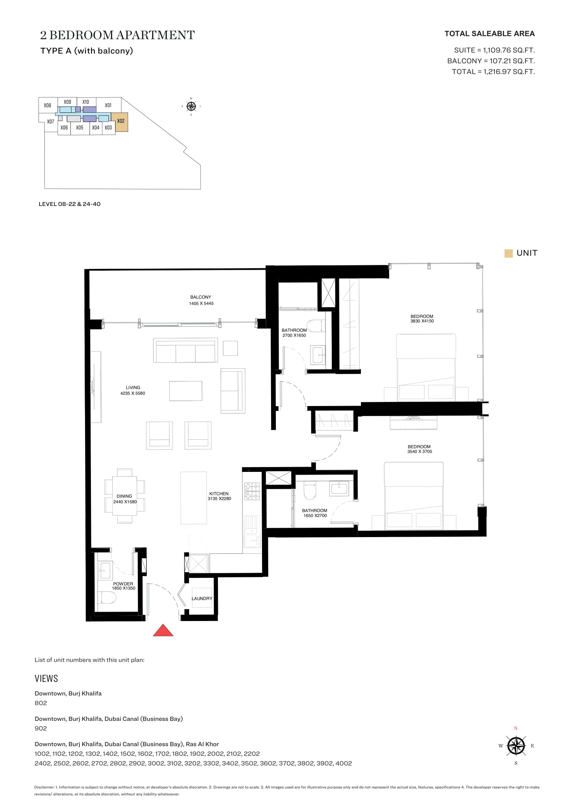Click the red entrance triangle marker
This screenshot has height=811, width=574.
163,630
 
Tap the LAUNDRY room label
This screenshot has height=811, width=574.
202,598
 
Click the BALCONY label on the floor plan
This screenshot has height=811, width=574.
200,297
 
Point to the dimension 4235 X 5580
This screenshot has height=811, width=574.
133,393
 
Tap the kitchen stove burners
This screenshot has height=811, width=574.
252,491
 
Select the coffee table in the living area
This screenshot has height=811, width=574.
186,391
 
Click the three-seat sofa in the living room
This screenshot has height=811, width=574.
186,351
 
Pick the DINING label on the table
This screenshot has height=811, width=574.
124,496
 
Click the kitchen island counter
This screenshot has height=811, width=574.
194,498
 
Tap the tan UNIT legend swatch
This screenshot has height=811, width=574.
509,253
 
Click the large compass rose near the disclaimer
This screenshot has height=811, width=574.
516,746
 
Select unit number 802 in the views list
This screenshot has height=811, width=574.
41,703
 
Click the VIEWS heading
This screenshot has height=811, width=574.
46,679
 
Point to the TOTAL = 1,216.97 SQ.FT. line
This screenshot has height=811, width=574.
493,72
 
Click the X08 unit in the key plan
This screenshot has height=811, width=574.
47,105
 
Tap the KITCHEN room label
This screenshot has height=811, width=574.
219,494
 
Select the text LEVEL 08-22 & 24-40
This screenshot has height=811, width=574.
70,204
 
